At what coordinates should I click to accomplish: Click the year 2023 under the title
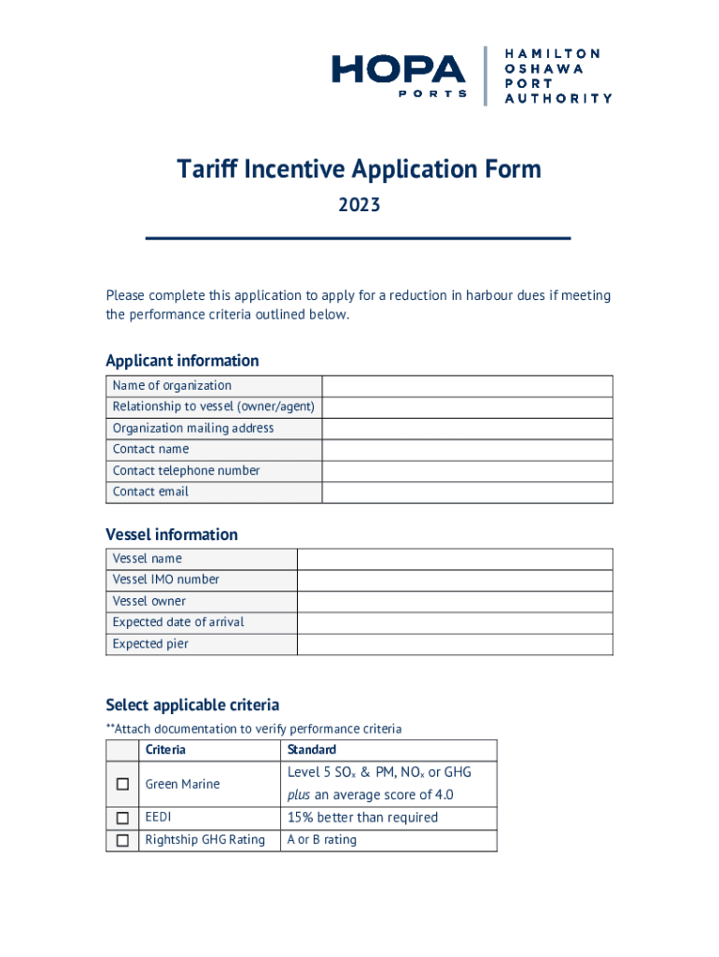[359, 205]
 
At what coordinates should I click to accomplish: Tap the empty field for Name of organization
[467, 386]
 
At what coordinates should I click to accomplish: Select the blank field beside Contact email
[467, 493]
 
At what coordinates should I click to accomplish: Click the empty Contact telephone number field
[467, 471]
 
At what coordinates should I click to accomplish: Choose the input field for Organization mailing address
[467, 429]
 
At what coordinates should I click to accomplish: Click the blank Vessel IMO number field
[454, 580]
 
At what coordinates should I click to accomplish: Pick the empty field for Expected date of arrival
[454, 622]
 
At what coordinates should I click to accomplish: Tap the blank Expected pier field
[454, 644]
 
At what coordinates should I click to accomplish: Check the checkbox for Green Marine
[122, 784]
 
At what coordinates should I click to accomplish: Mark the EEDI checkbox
[122, 818]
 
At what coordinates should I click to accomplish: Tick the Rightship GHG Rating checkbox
[122, 840]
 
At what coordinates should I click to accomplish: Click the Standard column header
[312, 750]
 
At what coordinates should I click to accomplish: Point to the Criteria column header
[165, 750]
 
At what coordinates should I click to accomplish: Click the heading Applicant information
[182, 361]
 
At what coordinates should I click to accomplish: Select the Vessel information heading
[172, 535]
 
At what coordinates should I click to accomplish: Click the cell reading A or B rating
[322, 840]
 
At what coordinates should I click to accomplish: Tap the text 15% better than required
[362, 818]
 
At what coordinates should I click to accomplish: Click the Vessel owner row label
[149, 601]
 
